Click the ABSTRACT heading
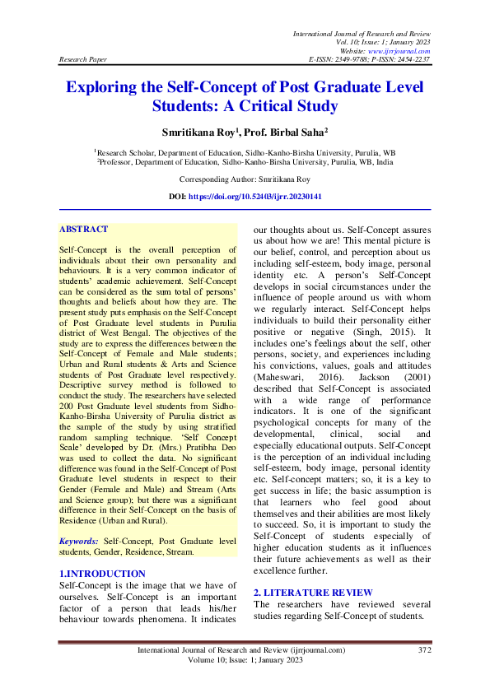84,229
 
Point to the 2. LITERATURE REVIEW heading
312,593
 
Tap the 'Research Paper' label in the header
82,60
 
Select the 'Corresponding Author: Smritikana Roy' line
245,179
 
